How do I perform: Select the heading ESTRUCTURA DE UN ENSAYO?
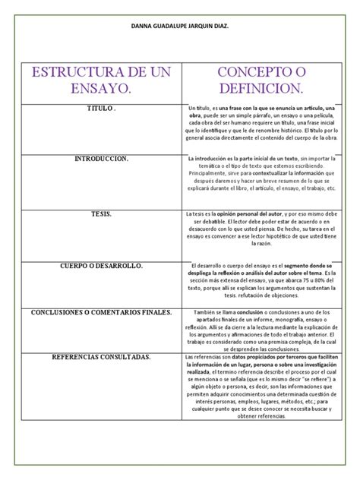tap(101, 81)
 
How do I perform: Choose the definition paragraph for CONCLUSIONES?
tap(260, 330)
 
